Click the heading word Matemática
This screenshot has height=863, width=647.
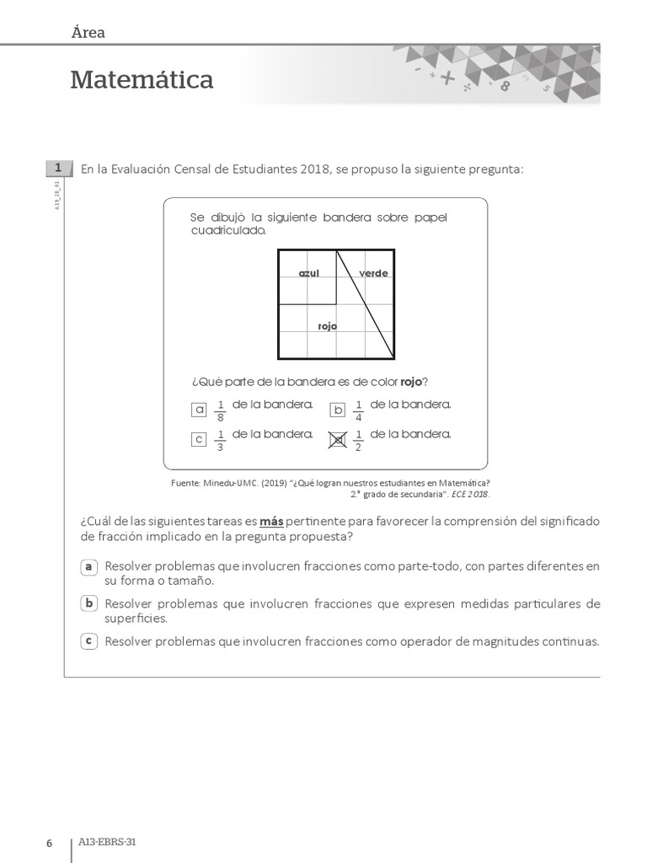coord(142,80)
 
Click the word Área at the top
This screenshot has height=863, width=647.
coord(88,33)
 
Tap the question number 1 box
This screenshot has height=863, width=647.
coord(56,169)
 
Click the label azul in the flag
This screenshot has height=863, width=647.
coord(309,273)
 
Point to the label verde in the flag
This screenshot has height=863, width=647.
coord(373,273)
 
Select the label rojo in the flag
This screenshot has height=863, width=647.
coord(327,326)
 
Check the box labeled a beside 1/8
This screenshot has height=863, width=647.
coord(199,410)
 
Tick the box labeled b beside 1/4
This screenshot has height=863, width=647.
coord(338,410)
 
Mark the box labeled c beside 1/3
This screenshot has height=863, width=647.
coord(199,439)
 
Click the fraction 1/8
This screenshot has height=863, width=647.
coord(220,410)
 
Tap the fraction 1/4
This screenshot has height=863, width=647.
coord(358,410)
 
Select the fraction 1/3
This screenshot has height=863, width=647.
coord(220,440)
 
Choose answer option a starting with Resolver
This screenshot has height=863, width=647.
coord(88,566)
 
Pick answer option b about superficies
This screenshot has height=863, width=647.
coord(88,603)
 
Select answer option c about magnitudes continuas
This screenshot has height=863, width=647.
coord(88,641)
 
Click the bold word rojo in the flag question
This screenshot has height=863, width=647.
coord(411,382)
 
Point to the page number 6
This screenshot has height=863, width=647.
coord(49,844)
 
